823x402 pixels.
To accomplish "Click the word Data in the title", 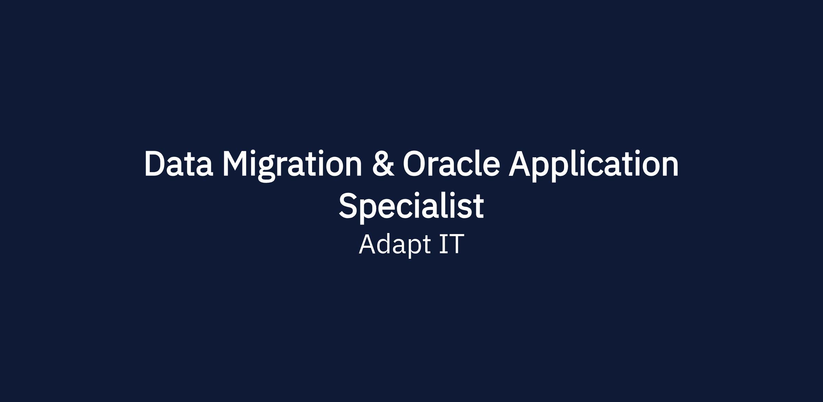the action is pos(179,164).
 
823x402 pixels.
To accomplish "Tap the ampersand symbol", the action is pos(383,164).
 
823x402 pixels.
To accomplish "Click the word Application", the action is pos(594,166).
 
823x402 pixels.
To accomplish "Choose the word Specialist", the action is pos(411,207).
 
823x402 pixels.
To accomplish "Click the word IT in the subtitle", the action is pos(452,244).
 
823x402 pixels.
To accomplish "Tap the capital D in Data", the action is pos(156,164).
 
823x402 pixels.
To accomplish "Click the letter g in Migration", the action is pos(266,170).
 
